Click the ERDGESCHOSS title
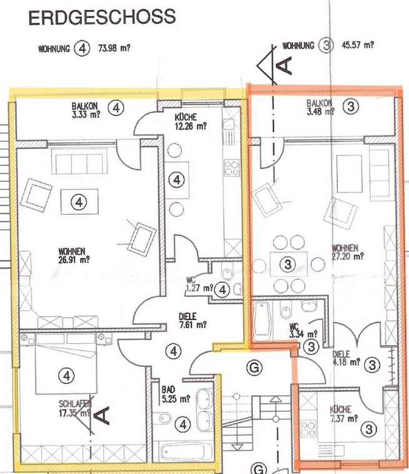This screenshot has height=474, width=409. coord(102,18)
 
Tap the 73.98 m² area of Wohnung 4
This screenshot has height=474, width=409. coord(114,48)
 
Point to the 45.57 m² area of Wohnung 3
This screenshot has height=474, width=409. coord(358,45)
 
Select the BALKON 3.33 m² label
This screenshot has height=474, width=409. coord(86,110)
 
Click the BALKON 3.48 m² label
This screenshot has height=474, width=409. coord(320,107)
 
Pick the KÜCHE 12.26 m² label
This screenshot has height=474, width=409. coord(191,121)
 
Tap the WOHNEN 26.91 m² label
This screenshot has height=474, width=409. coord(74,255)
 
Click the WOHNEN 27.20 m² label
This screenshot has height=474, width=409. coord(348,252)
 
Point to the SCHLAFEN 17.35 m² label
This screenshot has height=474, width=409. coord(75,409)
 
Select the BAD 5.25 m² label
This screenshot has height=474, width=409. coord(176,394)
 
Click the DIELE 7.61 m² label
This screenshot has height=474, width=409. coord(193,321)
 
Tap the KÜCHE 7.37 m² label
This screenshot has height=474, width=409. coord(343,414)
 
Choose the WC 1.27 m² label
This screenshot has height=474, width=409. coord(199,285)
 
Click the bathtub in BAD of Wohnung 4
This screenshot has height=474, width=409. coord(183,451)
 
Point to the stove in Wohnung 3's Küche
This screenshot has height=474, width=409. coord(308,429)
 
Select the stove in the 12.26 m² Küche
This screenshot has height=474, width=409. coord(231,168)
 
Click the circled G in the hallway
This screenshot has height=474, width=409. coord(254,368)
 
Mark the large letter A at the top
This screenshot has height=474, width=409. coord(285,66)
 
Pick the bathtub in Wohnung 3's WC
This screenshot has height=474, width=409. coord(262,322)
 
